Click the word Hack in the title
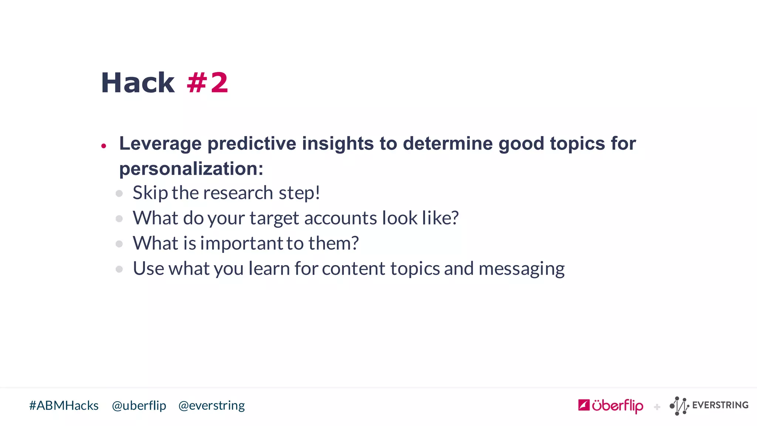click(x=138, y=83)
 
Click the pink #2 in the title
click(x=207, y=83)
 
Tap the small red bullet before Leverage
click(x=104, y=146)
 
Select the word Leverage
click(x=160, y=144)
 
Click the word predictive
click(x=252, y=144)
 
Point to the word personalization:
click(x=191, y=169)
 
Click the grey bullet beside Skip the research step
click(x=119, y=193)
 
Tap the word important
click(x=242, y=243)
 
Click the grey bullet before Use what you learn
click(x=119, y=269)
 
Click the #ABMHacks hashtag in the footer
click(x=64, y=406)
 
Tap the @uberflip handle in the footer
click(x=139, y=406)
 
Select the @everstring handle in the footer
click(x=211, y=406)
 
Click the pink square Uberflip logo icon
click(x=584, y=405)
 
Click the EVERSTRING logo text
click(x=720, y=405)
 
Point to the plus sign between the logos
click(x=657, y=407)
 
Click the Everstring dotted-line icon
click(x=679, y=406)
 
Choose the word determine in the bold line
click(x=448, y=144)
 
